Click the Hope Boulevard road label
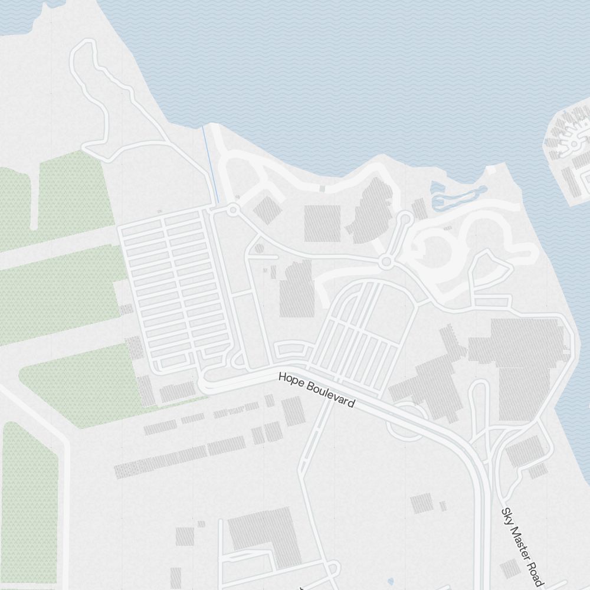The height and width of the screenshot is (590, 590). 316,390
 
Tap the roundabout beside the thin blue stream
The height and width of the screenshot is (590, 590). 233,209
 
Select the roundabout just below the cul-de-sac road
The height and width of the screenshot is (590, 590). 386,261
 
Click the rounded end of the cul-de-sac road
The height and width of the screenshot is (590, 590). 405,218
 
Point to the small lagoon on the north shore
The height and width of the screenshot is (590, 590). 457,198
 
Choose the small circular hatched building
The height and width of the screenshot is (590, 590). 259,248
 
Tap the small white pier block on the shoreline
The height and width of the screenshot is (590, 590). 491,170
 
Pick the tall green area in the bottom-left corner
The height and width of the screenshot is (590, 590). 29,501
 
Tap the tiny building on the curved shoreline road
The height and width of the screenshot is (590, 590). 322,188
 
